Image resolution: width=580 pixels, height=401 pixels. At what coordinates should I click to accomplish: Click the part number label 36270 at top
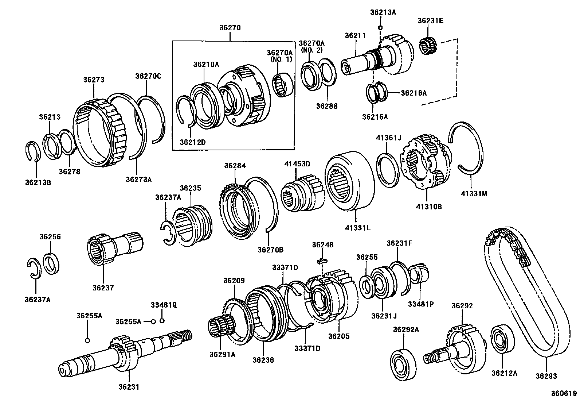(230, 28)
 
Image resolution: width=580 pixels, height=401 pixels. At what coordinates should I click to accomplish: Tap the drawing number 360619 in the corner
(564, 393)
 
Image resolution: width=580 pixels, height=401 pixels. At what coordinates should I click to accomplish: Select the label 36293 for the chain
(546, 376)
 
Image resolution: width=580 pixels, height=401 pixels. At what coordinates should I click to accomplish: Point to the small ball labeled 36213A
(380, 28)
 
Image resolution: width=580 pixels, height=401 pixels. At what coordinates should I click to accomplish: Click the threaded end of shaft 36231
(185, 334)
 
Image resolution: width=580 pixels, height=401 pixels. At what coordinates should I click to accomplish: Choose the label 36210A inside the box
(206, 65)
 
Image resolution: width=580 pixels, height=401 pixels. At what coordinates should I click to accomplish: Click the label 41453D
(297, 165)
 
